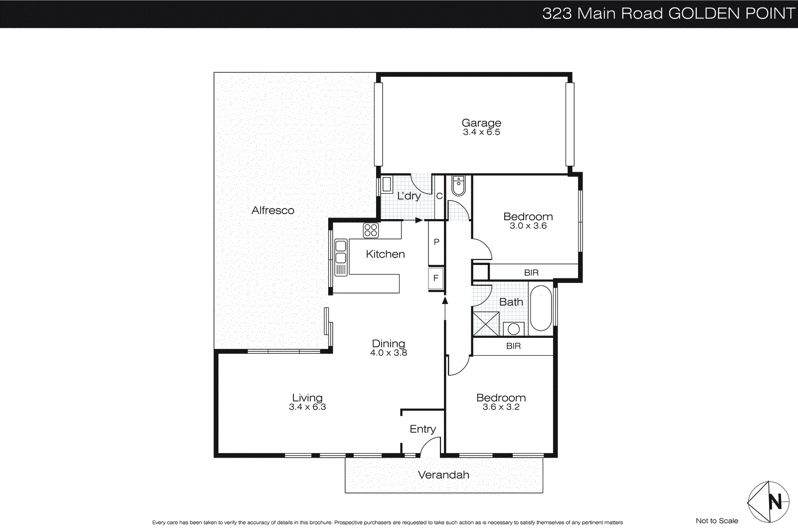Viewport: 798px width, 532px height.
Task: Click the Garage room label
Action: (481, 123)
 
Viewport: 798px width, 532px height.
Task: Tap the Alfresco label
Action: (273, 211)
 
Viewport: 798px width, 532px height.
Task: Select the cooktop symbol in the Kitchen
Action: (371, 230)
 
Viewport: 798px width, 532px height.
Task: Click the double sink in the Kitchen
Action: (341, 252)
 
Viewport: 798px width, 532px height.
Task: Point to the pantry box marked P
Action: (436, 243)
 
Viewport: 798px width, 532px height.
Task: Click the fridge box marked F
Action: (436, 278)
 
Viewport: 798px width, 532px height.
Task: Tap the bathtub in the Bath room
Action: (541, 308)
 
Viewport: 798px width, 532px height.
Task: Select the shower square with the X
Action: (486, 324)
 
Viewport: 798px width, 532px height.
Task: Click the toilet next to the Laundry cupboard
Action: (458, 186)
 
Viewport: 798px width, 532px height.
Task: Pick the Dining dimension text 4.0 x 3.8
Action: (389, 353)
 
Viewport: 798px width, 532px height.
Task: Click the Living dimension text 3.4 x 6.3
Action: (307, 407)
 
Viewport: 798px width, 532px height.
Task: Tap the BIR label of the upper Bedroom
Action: (531, 272)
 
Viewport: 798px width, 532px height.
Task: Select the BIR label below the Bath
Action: (513, 346)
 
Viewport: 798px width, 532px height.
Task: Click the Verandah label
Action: (443, 475)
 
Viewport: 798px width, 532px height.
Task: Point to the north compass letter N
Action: (775, 501)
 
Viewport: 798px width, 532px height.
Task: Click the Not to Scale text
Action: (717, 521)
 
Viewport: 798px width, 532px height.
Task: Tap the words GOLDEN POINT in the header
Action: (731, 13)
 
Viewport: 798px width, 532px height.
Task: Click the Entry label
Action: (422, 429)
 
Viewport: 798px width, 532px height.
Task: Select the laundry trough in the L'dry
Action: (387, 185)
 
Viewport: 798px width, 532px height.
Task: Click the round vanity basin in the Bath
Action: (514, 329)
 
